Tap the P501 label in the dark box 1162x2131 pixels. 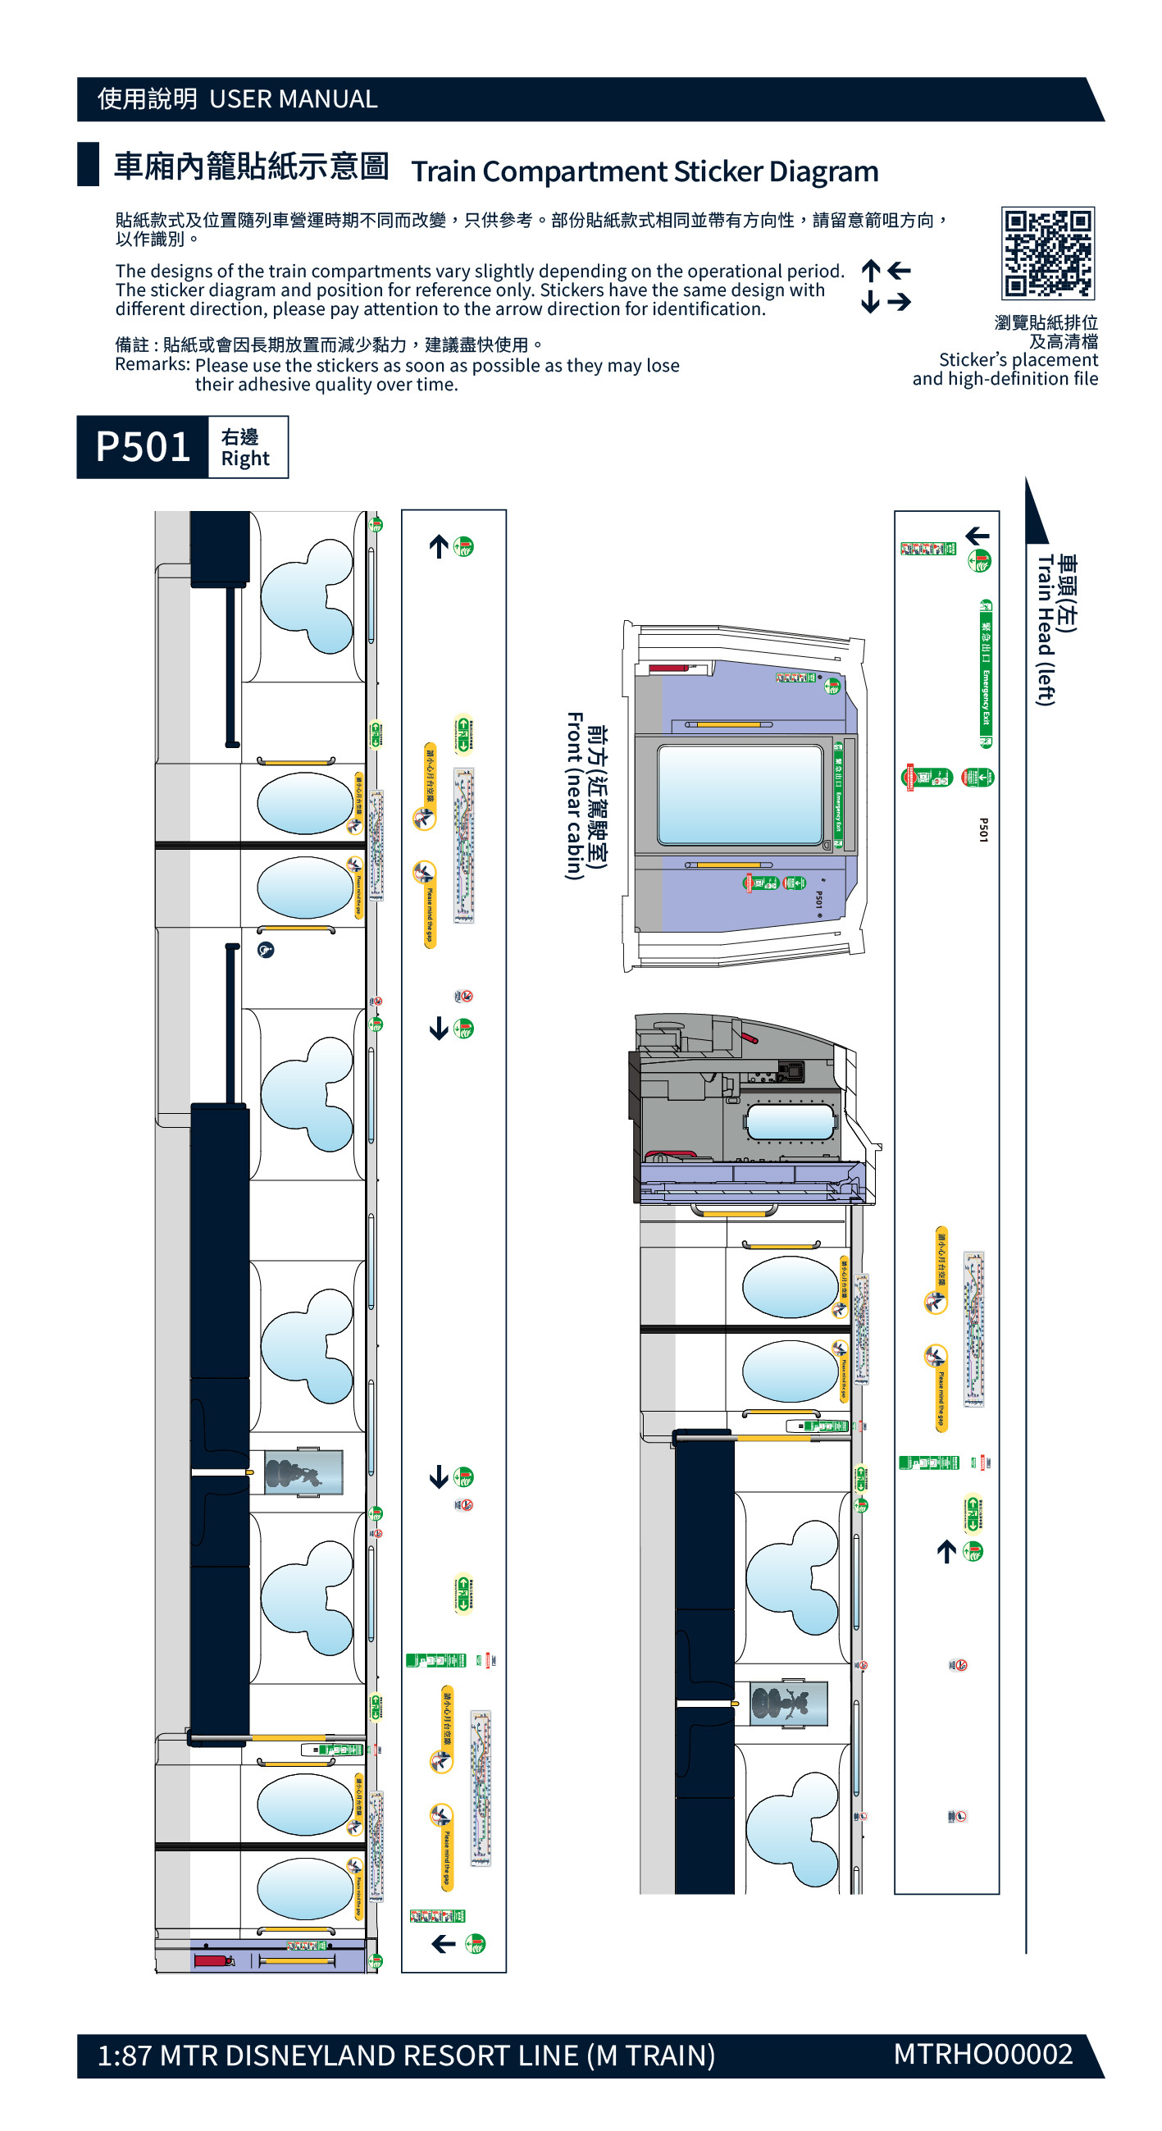142,447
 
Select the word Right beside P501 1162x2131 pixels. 245,459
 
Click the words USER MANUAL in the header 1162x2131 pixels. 293,99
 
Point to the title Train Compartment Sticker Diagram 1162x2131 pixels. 645,171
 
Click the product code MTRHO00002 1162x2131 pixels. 982,2053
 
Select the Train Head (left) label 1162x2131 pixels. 1046,629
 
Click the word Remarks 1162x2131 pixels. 153,365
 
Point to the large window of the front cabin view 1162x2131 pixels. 740,794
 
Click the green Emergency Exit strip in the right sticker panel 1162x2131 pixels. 985,673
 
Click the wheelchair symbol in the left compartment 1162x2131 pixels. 266,950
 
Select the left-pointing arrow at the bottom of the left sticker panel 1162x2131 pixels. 444,1943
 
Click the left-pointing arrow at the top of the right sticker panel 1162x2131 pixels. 977,536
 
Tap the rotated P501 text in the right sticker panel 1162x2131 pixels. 983,830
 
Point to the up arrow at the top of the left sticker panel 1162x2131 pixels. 439,546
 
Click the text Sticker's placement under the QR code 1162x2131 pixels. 1018,360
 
